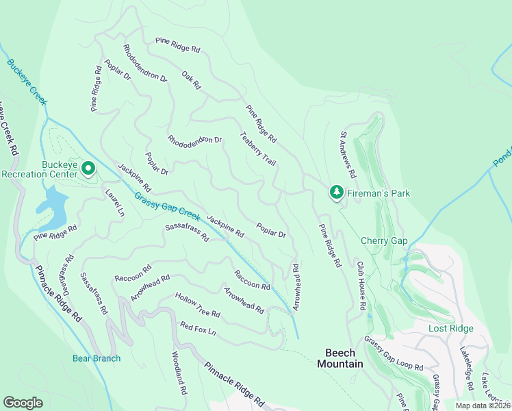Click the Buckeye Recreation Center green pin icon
88,168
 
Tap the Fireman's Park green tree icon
336,193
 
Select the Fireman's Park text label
378,194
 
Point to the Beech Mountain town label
340,358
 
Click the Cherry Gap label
384,241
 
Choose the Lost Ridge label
450,329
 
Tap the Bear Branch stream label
97,358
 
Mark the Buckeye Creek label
27,82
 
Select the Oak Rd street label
191,80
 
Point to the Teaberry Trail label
257,149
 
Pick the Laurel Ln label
114,203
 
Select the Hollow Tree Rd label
197,305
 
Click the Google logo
23,402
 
